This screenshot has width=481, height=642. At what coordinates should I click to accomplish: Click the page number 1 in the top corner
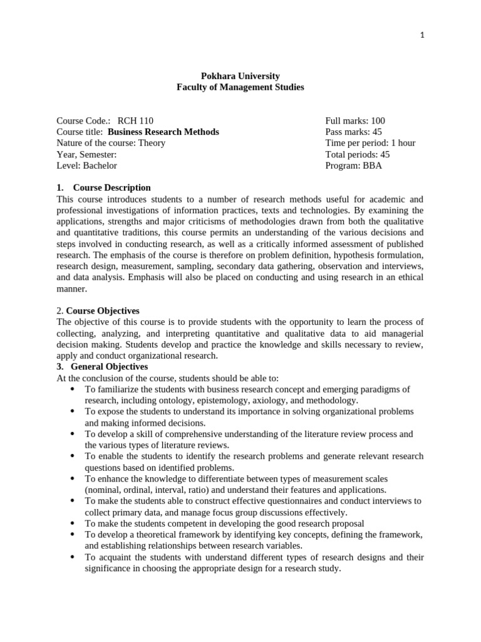[x=422, y=36]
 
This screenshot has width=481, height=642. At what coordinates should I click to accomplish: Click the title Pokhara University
[x=240, y=76]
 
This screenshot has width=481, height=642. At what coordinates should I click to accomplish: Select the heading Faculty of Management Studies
[x=240, y=87]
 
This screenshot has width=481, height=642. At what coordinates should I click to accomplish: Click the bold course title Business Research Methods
[x=163, y=132]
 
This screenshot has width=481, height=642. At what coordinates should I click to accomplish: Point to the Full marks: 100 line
[x=355, y=120]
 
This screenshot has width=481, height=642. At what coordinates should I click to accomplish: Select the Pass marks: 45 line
[x=353, y=132]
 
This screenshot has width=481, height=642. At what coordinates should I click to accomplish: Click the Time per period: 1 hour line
[x=370, y=143]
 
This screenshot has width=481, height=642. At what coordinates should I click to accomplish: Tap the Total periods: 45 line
[x=357, y=154]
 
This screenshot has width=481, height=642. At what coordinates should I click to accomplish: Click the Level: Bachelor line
[x=86, y=166]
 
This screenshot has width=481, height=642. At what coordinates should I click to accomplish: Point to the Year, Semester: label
[x=86, y=154]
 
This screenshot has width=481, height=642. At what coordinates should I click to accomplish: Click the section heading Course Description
[x=111, y=187]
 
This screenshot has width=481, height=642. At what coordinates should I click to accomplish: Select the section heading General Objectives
[x=110, y=367]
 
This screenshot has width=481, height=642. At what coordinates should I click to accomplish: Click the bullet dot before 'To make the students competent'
[x=73, y=523]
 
